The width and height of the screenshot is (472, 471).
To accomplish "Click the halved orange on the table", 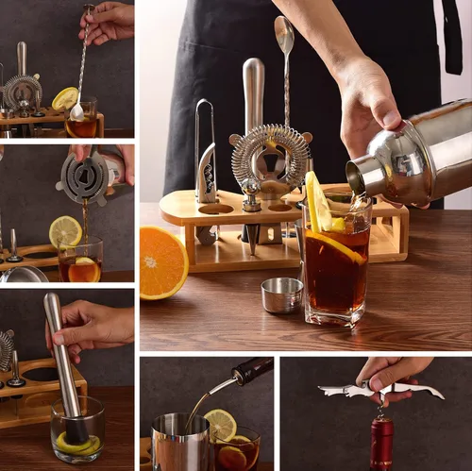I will pos(162,261).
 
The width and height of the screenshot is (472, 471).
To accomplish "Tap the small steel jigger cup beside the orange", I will pos(281,294).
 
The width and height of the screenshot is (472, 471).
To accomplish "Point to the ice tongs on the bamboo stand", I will pos(206,156).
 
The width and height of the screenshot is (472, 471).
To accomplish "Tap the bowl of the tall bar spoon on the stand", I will pos(284,36).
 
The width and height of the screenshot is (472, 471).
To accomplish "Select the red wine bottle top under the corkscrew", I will pos(381,444).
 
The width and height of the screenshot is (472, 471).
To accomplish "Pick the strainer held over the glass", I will pos(83,177).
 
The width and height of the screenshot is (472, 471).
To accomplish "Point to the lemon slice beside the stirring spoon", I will pos(64,98).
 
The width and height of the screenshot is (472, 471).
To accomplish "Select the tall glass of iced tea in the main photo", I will pos(336,269).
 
